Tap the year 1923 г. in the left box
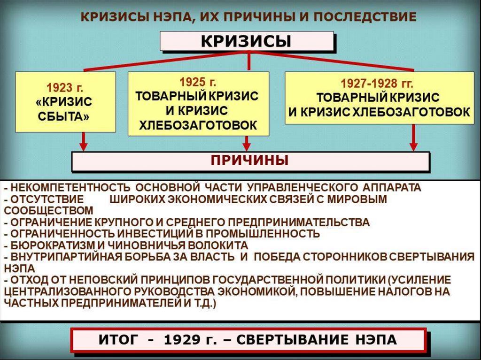tap(65, 87)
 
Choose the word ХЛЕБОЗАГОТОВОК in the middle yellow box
tap(198, 125)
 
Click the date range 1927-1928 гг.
tap(377, 84)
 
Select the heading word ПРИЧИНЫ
tap(249, 161)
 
